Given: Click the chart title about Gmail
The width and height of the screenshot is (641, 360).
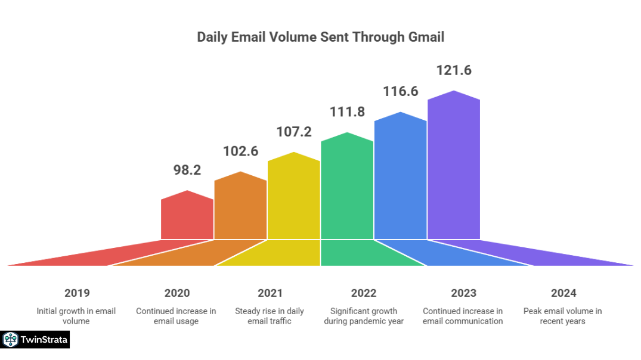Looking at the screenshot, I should click(320, 37).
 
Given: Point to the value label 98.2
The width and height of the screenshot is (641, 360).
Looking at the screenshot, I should click(187, 170).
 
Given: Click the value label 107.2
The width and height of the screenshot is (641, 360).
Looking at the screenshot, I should click(293, 131).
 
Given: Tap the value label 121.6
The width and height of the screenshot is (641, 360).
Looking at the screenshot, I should click(454, 70).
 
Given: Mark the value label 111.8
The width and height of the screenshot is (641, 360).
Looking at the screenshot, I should click(347, 111).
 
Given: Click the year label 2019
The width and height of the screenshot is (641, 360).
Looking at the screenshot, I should click(77, 293).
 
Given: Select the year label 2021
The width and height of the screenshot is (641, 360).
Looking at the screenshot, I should click(270, 293).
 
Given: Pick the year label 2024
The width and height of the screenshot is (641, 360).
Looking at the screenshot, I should click(563, 293).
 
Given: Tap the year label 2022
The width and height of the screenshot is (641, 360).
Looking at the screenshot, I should click(364, 293).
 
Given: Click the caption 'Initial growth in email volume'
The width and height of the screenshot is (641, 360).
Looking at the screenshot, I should click(76, 316).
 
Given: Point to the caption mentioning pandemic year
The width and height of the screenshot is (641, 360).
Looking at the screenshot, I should click(364, 316).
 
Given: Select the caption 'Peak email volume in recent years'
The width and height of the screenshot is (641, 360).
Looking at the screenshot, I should click(563, 316).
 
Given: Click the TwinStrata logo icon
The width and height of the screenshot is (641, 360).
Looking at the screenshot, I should click(10, 340).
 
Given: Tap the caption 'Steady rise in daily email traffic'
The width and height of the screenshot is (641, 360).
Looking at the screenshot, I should click(270, 316).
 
